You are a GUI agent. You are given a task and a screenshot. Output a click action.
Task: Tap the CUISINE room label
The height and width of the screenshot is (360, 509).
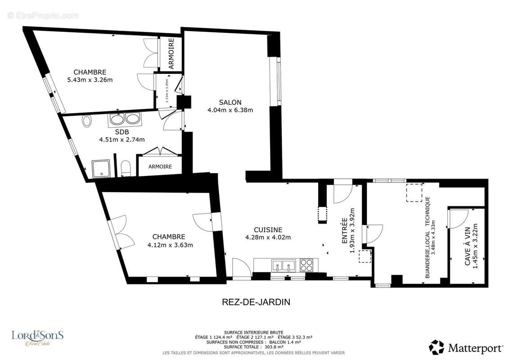[267, 229]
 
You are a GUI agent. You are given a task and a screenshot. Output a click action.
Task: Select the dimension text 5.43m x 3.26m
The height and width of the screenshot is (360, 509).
[90, 80]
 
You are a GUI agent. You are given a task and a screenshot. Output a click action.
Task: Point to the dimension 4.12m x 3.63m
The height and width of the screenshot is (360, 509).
[170, 245]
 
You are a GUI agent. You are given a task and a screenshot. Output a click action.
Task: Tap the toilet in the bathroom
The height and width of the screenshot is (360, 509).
[126, 169]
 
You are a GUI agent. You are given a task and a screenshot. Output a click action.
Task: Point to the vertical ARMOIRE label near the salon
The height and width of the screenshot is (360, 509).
[171, 54]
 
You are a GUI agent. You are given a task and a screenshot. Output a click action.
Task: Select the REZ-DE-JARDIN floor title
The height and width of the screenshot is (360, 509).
[256, 302]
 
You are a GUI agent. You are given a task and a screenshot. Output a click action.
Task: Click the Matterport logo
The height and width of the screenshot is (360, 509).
[466, 347]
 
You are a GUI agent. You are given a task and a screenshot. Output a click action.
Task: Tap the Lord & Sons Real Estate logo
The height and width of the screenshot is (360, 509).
[37, 337]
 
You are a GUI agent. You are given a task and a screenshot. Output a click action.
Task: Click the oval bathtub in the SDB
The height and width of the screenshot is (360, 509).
[87, 121]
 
